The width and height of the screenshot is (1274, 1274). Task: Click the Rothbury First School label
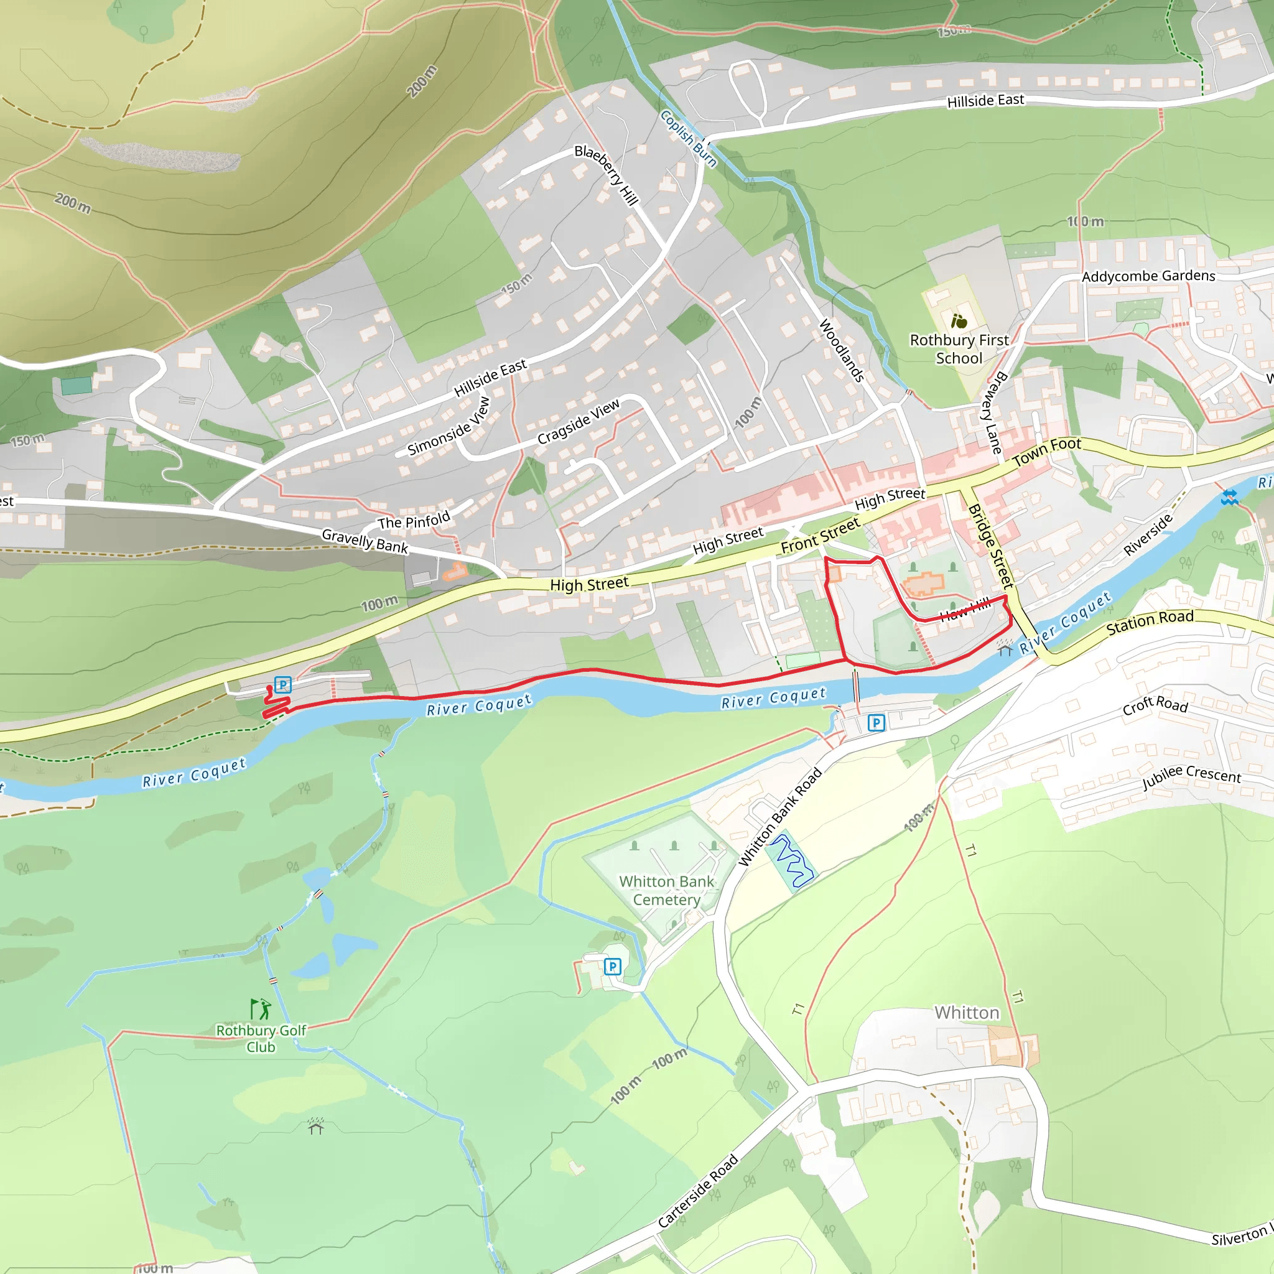coord(959,349)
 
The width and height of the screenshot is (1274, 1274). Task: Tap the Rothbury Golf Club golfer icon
coord(261,1010)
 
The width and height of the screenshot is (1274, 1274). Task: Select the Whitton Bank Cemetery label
coord(667,890)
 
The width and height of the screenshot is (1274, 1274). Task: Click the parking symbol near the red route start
coord(282,685)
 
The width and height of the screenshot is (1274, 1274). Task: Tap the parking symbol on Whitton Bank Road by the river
coord(876,723)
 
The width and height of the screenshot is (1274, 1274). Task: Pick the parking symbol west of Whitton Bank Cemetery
coord(613,967)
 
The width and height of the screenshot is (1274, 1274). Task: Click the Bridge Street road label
coord(990,546)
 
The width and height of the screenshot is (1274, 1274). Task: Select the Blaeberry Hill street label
coord(606,175)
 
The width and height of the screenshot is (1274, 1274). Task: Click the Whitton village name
coord(967,1013)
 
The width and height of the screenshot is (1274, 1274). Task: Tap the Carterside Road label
coord(698,1191)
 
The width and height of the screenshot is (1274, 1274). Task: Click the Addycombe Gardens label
coord(1148,276)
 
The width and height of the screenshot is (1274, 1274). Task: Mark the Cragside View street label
coord(579,421)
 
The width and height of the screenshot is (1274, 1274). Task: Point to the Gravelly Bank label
coord(365,541)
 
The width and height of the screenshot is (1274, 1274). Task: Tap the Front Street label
coord(821,536)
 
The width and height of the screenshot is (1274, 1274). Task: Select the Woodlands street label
coord(842,350)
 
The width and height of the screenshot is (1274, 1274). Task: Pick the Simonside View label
coord(449,427)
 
